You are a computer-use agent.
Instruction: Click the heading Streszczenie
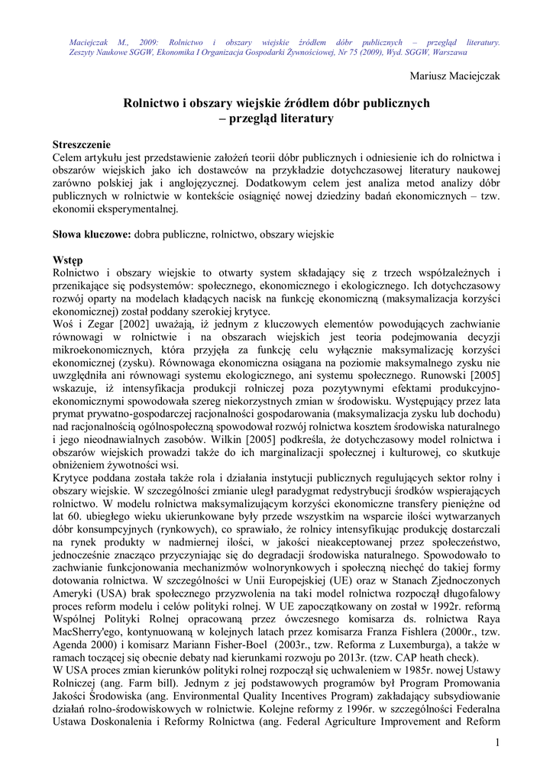(x=82, y=145)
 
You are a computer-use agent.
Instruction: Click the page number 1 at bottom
(x=496, y=742)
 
